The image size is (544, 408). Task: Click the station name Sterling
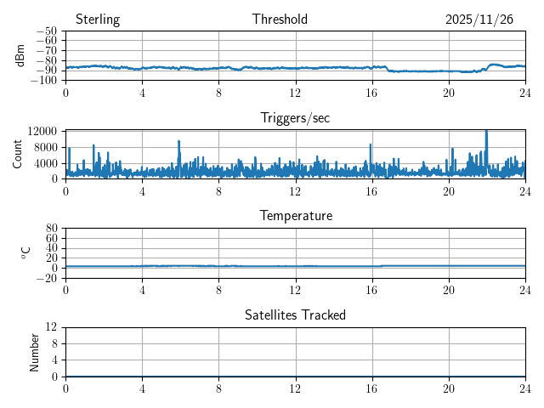[98, 20]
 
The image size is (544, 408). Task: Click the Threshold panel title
[280, 20]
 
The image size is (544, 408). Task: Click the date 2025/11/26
[479, 20]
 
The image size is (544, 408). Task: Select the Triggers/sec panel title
[295, 118]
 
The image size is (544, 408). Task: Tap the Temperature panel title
[295, 216]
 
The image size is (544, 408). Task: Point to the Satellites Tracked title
[295, 314]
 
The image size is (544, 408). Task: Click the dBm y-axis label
[20, 55]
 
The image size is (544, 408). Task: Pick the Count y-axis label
[18, 154]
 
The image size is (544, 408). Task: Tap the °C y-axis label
[25, 252]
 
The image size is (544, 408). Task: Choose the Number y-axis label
[35, 351]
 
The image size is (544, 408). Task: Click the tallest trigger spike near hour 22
[486, 132]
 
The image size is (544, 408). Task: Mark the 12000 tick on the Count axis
[42, 131]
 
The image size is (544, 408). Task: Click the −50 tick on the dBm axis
[46, 31]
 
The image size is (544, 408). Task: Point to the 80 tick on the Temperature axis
[51, 229]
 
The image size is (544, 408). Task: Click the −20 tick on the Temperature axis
[46, 278]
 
